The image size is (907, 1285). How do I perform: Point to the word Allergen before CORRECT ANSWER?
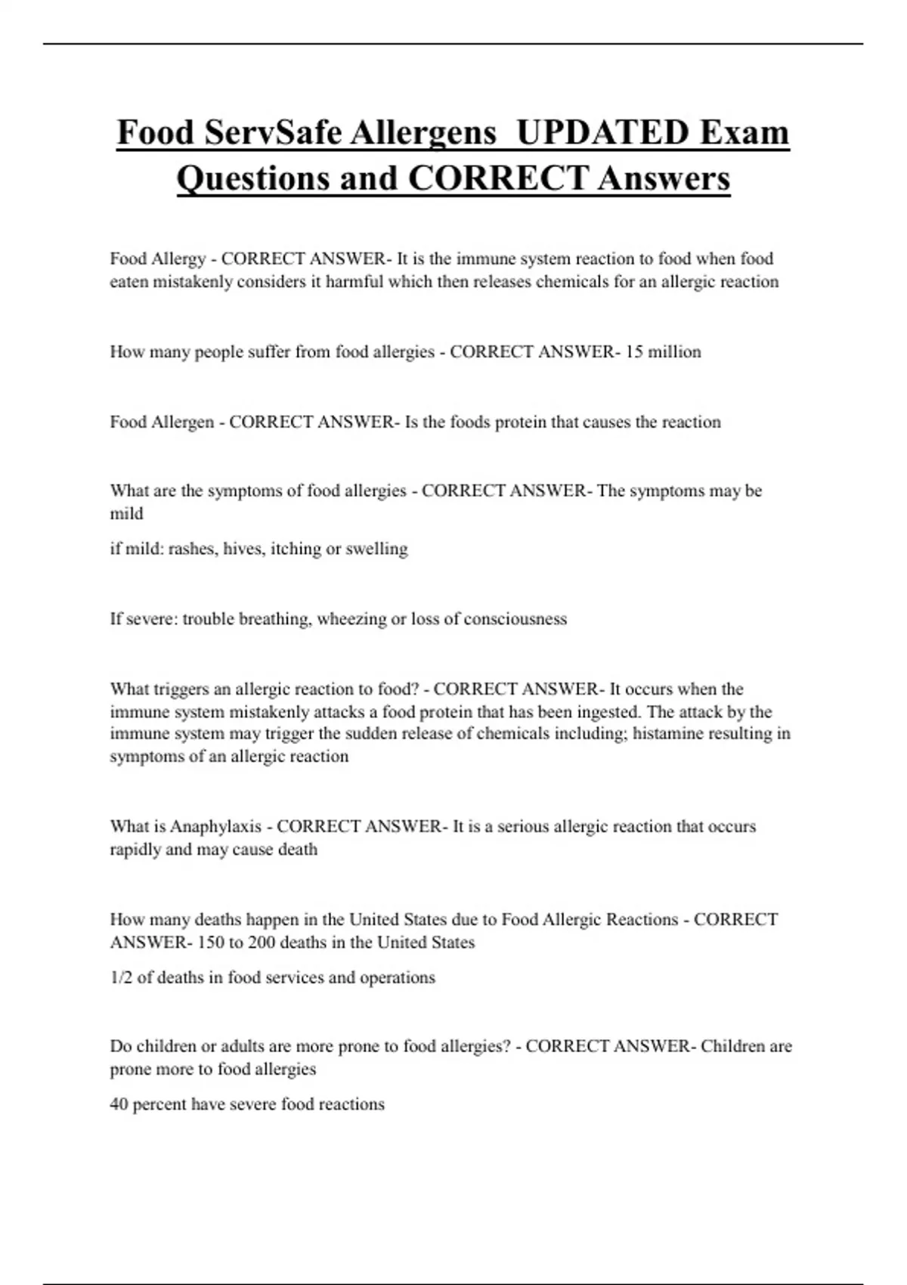183,422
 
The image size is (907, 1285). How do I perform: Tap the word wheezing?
351,619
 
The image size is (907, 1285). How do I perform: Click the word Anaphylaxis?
215,826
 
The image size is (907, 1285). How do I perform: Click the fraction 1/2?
121,977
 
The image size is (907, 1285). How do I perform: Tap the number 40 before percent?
119,1104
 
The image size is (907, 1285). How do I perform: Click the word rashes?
192,549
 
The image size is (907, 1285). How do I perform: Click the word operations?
398,978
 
